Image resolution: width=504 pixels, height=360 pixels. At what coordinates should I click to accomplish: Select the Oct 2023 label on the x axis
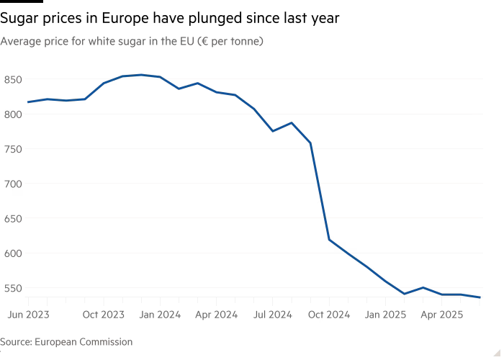(x=103, y=315)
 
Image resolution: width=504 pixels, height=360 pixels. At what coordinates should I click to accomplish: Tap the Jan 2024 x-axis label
(x=160, y=315)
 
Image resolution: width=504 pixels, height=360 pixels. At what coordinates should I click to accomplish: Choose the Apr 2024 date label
(x=216, y=315)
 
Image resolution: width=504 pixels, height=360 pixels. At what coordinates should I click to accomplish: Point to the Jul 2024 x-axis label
(x=273, y=315)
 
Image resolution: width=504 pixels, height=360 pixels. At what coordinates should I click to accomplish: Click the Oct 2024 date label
(x=329, y=315)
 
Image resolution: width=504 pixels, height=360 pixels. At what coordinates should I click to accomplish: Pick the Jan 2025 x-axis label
(x=386, y=315)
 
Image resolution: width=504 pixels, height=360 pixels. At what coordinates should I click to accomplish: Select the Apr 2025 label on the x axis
(x=442, y=315)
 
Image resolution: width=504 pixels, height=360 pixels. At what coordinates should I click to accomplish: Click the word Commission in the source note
(x=108, y=342)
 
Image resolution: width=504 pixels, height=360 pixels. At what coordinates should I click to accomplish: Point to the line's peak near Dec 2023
(x=141, y=74)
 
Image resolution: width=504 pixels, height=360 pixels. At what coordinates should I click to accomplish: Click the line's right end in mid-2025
(x=480, y=297)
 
